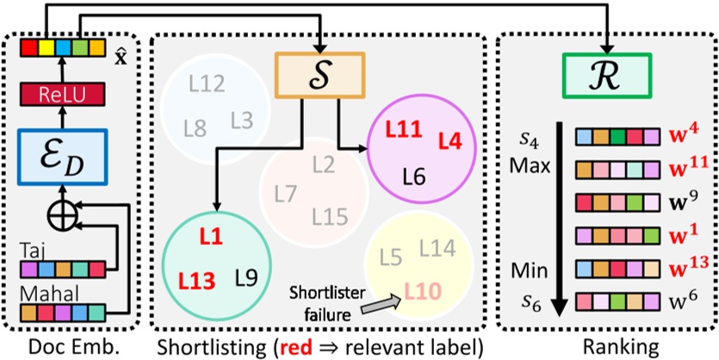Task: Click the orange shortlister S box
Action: pyautogui.click(x=320, y=73)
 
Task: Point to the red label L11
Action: pyautogui.click(x=403, y=132)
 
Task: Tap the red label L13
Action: pyautogui.click(x=195, y=279)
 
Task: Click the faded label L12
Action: pyautogui.click(x=207, y=84)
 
